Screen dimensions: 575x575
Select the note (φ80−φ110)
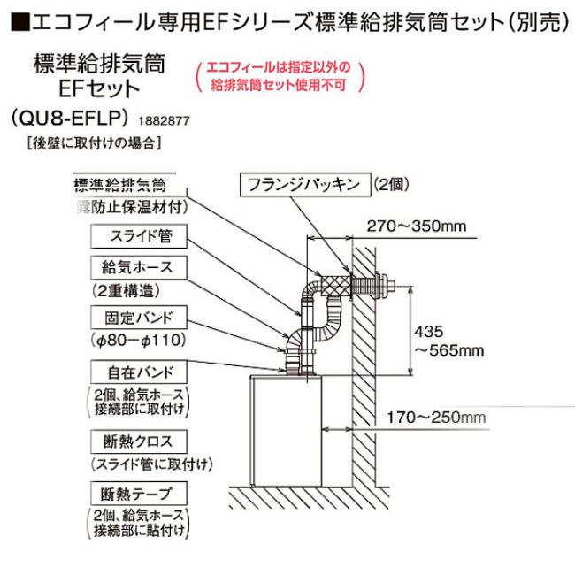coord(133,339)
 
